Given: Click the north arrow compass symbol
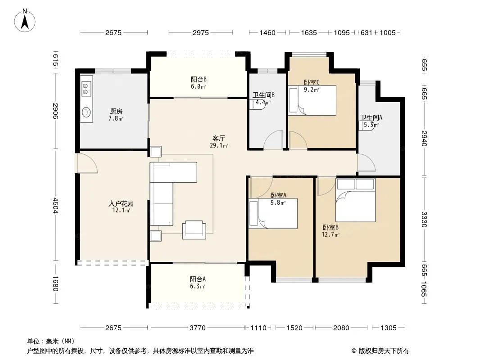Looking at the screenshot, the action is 25,21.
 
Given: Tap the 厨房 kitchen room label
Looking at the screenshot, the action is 116,112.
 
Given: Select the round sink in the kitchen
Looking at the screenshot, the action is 86,112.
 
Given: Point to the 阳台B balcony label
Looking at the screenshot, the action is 199,80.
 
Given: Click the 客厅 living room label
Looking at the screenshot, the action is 218,139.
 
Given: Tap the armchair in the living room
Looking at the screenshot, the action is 194,229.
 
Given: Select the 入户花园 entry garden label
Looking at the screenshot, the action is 121,203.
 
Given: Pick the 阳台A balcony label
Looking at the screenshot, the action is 198,279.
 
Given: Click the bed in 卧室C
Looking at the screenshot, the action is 312,100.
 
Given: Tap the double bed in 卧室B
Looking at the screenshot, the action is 355,200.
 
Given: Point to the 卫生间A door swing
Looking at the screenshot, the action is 367,163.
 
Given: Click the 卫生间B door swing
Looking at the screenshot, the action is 273,139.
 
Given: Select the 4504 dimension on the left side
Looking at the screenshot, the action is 55,206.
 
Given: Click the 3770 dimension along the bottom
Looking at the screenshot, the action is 198,328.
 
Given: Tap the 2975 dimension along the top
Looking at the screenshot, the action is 200,32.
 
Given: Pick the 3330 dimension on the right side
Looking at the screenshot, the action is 424,219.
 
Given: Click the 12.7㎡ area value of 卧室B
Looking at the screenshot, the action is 331,234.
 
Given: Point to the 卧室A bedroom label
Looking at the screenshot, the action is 278,195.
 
